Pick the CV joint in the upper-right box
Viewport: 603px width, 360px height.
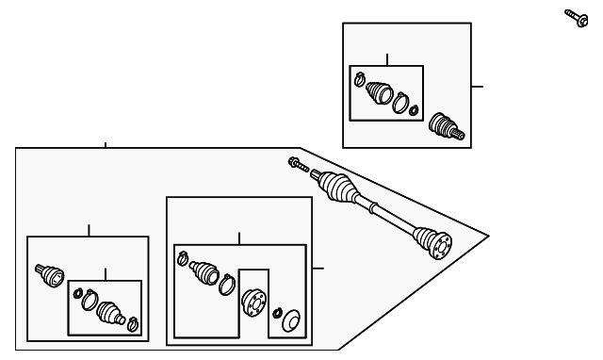[445, 126]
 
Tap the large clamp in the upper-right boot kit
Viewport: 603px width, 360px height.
[401, 102]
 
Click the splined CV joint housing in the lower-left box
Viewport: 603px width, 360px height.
[48, 274]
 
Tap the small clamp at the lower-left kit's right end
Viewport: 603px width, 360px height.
[134, 325]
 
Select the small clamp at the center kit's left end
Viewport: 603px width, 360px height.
[183, 258]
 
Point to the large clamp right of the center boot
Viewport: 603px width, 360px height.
[226, 282]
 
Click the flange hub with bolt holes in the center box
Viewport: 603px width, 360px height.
[253, 303]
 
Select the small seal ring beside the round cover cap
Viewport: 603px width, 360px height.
[277, 312]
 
